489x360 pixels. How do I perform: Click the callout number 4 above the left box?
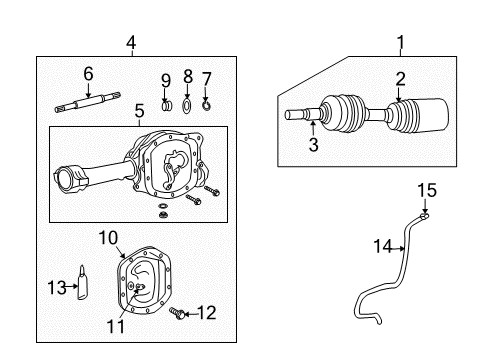pos(130,43)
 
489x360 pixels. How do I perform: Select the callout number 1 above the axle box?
pos(400,43)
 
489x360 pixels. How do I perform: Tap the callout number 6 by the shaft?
pos(88,73)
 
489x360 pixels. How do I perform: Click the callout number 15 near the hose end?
pos(427,190)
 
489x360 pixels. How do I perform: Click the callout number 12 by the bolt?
pos(207,313)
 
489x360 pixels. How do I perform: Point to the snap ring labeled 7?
pos(207,102)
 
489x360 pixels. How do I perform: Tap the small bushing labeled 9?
pos(167,104)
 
